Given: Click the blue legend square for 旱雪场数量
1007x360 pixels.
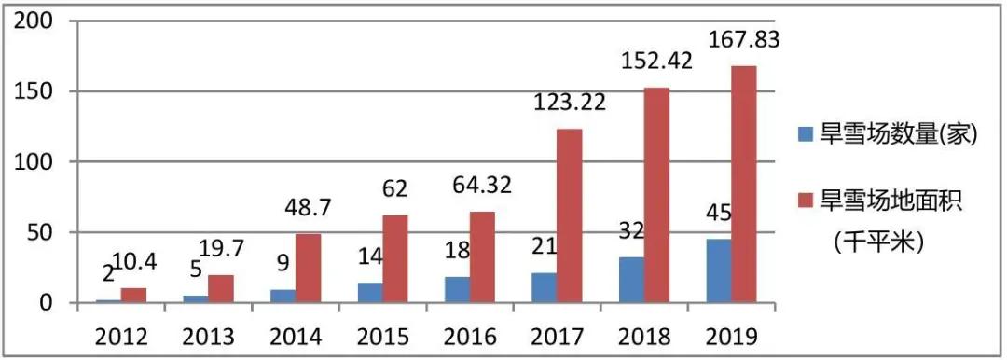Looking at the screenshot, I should point(807,135).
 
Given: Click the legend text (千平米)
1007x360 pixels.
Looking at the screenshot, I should point(876,241).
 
